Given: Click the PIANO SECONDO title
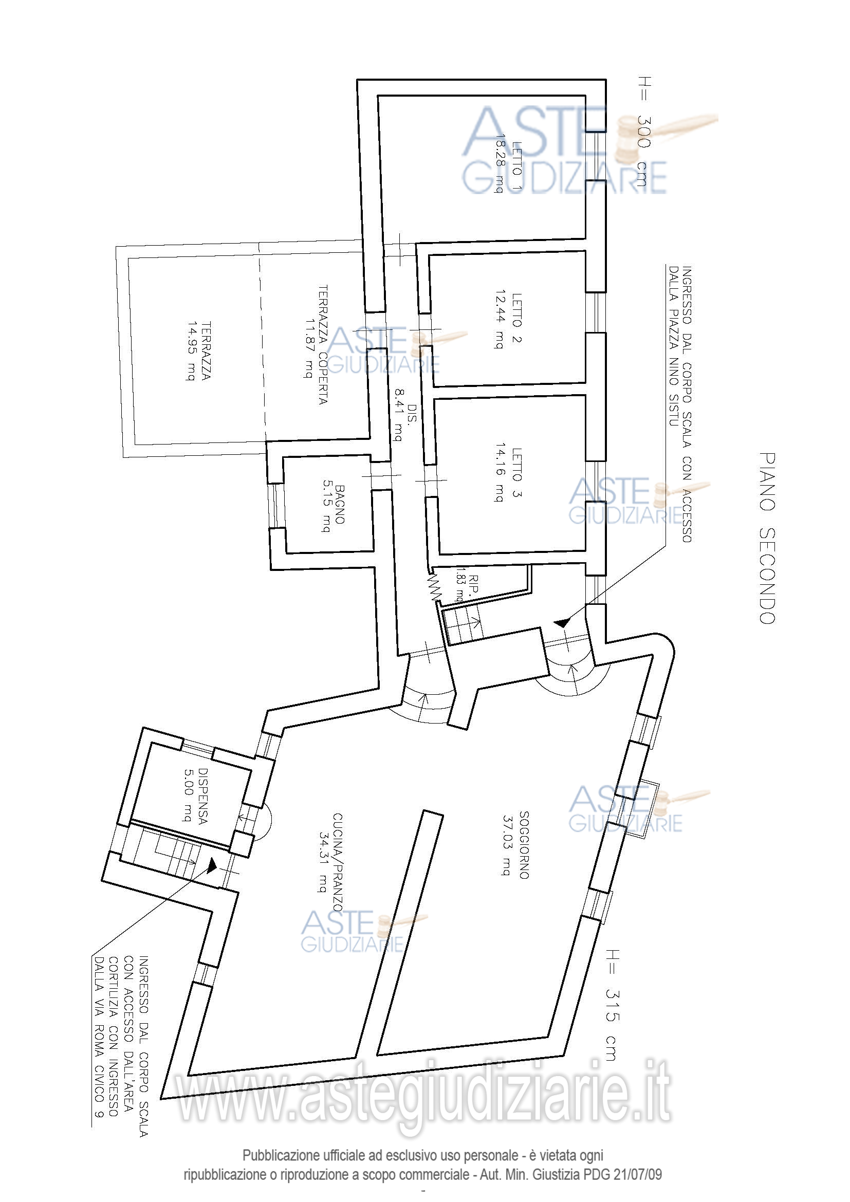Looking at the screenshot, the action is (767, 538).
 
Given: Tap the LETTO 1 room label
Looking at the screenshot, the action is (517, 166).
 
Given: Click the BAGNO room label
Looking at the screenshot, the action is (340, 505).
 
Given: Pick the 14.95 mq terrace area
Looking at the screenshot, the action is (191, 352).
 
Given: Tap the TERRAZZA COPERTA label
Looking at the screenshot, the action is (323, 344).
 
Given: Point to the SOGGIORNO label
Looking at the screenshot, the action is (524, 845).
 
